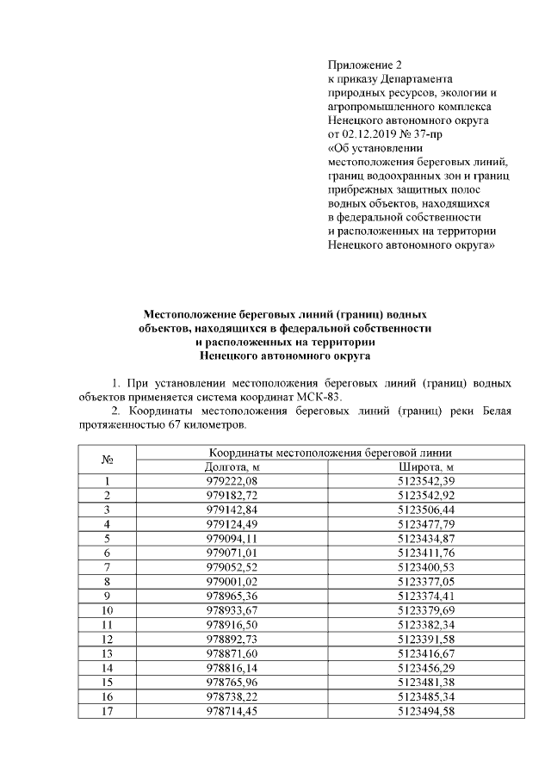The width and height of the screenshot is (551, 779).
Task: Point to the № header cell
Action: pos(108,460)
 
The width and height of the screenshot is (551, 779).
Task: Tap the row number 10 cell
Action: pos(108,609)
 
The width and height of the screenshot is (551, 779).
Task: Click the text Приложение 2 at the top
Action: pos(365,65)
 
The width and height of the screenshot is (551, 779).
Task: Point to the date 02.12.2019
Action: pos(373,134)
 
